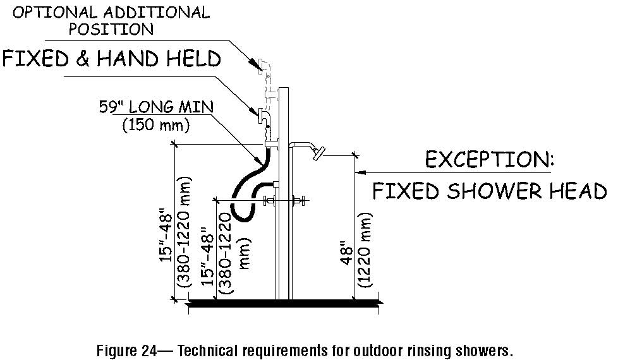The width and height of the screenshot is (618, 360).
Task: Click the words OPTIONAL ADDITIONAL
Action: pos(111,13)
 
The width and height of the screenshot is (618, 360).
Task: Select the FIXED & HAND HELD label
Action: pos(112,59)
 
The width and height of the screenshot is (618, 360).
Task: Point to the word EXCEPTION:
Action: pos(488,159)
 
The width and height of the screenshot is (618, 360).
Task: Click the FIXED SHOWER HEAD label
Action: pos(488,190)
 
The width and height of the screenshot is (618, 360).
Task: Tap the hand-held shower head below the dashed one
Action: pos(264,116)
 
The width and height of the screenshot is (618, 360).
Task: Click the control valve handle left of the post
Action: pos(268,202)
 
